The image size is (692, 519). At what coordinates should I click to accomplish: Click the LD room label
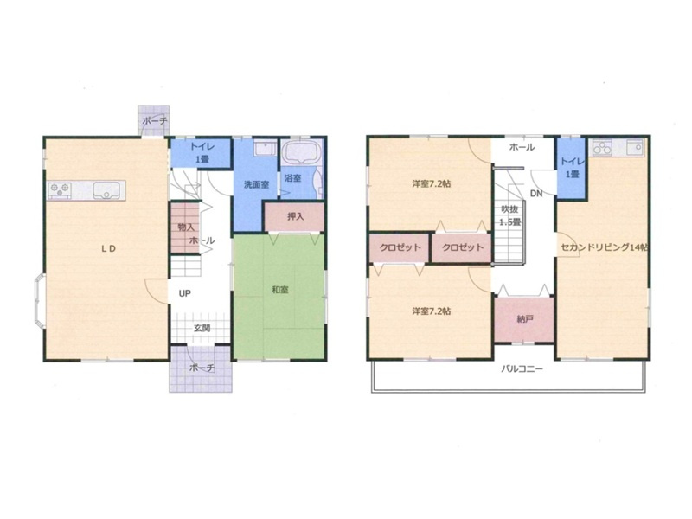(x=109, y=248)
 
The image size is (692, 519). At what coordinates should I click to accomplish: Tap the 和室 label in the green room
(x=279, y=290)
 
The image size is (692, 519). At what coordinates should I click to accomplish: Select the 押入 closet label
(x=296, y=217)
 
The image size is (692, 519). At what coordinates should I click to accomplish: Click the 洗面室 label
(x=256, y=184)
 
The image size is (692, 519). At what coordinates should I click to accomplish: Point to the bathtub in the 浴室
(x=301, y=153)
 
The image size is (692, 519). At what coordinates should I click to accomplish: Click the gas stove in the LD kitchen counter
(x=60, y=189)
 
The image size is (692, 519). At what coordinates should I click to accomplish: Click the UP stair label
(x=184, y=293)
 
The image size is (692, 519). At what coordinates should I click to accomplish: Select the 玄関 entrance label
(x=202, y=329)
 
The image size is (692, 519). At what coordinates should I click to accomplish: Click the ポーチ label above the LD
(x=155, y=120)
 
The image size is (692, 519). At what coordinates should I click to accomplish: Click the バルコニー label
(x=522, y=369)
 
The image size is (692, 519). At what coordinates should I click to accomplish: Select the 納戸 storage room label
(x=524, y=318)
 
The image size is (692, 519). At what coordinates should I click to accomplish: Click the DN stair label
(x=536, y=193)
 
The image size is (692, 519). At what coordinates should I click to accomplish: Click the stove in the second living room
(x=602, y=148)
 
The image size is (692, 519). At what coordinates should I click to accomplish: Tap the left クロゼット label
(x=400, y=247)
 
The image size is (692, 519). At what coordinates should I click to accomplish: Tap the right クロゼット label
(x=463, y=247)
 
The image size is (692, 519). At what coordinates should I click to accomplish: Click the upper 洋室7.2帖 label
(x=431, y=184)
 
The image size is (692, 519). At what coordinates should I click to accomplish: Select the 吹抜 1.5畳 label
(x=509, y=215)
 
